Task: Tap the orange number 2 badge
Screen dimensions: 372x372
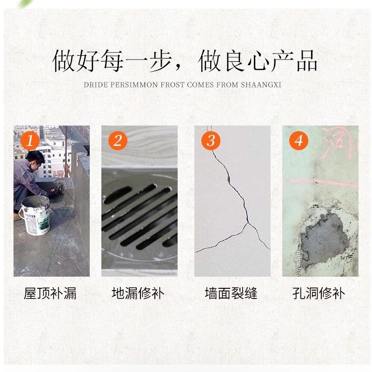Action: click(118, 140)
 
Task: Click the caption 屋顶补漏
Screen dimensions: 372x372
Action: click(50, 293)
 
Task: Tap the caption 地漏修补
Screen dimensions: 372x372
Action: click(138, 293)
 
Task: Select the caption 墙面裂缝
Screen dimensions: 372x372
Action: click(231, 293)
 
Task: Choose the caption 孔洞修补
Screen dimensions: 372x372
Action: click(319, 293)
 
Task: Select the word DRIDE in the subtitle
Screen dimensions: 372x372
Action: click(94, 85)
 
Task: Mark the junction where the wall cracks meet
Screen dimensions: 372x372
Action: click(248, 224)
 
